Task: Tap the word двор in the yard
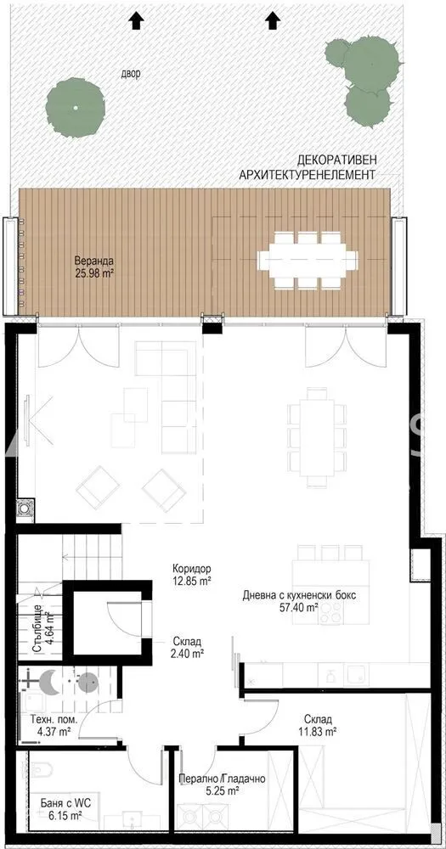[131, 74]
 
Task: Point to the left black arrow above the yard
[135, 20]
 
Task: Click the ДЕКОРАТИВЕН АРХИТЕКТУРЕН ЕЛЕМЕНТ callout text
[308, 167]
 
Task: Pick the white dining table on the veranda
[308, 259]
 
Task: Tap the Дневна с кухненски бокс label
[299, 596]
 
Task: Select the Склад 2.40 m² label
[185, 647]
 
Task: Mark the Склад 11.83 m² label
[318, 725]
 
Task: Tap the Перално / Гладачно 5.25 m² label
[223, 784]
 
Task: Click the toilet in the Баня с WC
[38, 768]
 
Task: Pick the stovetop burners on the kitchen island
[330, 613]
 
